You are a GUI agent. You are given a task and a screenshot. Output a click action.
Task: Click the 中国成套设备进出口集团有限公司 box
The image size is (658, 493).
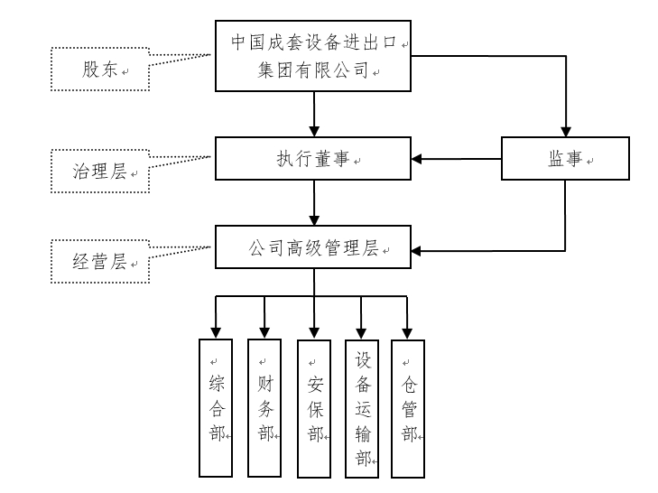point(314,56)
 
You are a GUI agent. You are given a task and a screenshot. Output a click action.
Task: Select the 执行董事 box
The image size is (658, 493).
point(314,160)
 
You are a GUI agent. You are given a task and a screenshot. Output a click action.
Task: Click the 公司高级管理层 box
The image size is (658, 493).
point(314,246)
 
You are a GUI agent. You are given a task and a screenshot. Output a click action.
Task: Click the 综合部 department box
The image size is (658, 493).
point(216,408)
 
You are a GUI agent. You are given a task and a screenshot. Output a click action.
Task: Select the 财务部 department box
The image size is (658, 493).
point(264,408)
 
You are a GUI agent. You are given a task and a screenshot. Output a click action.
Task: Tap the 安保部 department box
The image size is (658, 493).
point(313,408)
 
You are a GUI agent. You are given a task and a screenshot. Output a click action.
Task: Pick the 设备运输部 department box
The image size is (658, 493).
point(362,408)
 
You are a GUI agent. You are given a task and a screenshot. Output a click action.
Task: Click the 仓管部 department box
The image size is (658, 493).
point(408,408)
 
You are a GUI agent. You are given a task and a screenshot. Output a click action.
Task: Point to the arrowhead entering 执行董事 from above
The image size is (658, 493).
point(314,132)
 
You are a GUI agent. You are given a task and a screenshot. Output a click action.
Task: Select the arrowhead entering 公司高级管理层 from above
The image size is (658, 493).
point(314,219)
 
